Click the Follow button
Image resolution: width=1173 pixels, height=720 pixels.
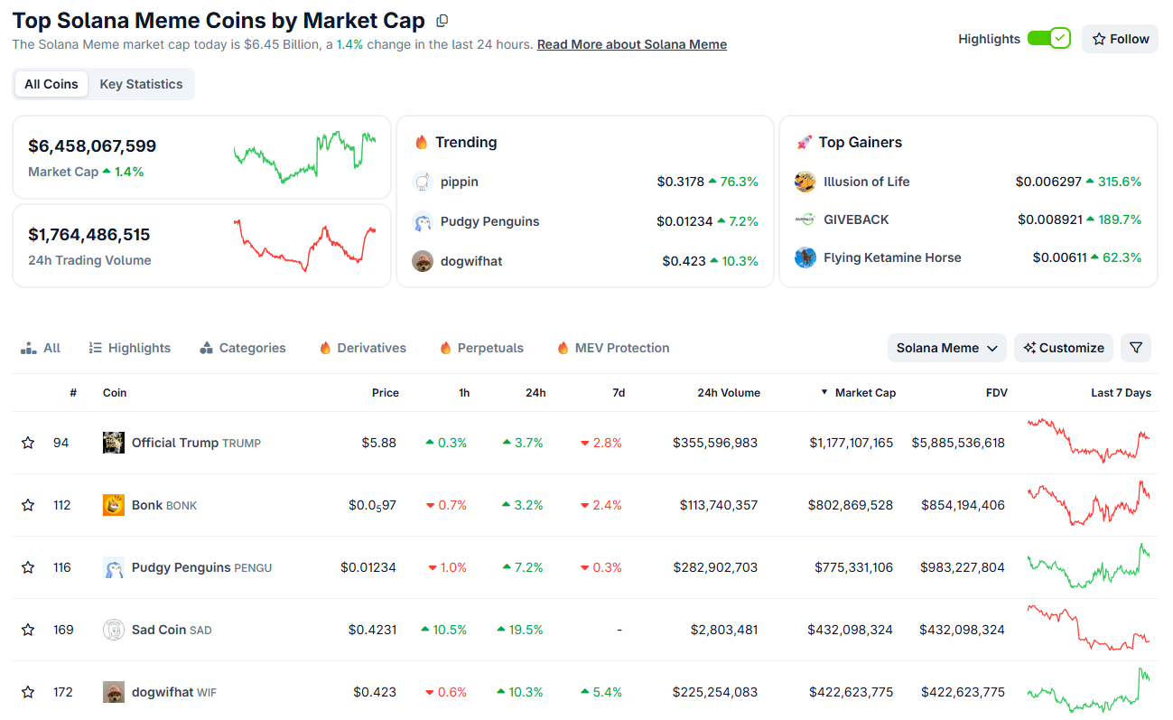(1120, 39)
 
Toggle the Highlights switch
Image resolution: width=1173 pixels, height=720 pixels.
(1048, 39)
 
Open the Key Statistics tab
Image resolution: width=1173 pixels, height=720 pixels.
(141, 84)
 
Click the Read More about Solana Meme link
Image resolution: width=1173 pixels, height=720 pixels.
(631, 44)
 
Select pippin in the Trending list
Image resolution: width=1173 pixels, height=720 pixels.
(459, 182)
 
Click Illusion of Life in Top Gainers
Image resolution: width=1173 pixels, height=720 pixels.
(866, 182)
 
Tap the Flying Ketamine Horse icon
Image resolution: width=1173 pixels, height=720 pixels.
(805, 257)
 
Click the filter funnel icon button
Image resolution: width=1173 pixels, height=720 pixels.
(1136, 348)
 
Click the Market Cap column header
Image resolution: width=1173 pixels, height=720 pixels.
(864, 393)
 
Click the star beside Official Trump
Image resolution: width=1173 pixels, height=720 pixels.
(28, 443)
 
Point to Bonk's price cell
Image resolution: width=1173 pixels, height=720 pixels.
(372, 505)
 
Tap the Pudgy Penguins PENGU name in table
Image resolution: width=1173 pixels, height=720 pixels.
(200, 567)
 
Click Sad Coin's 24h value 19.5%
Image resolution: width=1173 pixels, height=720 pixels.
(520, 630)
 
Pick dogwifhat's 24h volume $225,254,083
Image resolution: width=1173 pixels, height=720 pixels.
(714, 692)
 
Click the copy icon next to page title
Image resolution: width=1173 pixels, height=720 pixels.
(442, 21)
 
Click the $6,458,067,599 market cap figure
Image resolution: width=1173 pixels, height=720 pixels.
(92, 145)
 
